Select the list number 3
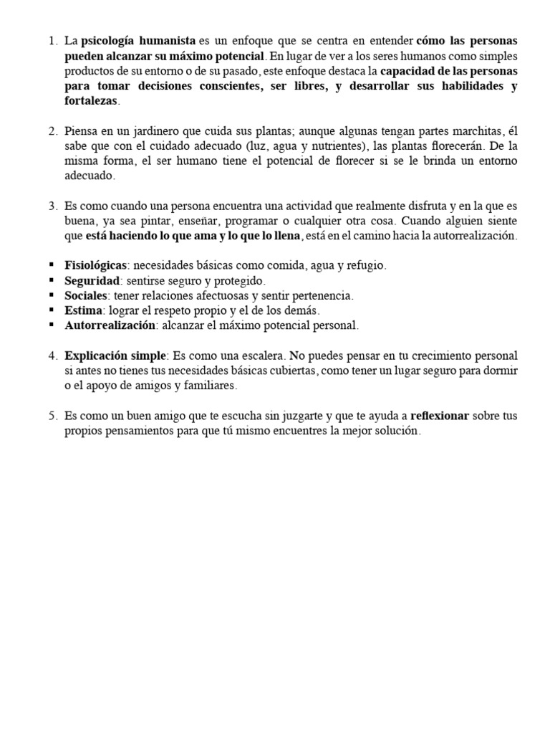(52, 206)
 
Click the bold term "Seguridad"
(91, 281)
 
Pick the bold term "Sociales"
(86, 295)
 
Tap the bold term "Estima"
(83, 310)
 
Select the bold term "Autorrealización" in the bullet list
(110, 325)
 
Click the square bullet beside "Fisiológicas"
(52, 266)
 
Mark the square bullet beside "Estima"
(52, 310)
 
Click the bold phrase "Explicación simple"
(115, 356)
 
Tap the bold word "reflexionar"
(440, 416)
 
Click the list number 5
(52, 416)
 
